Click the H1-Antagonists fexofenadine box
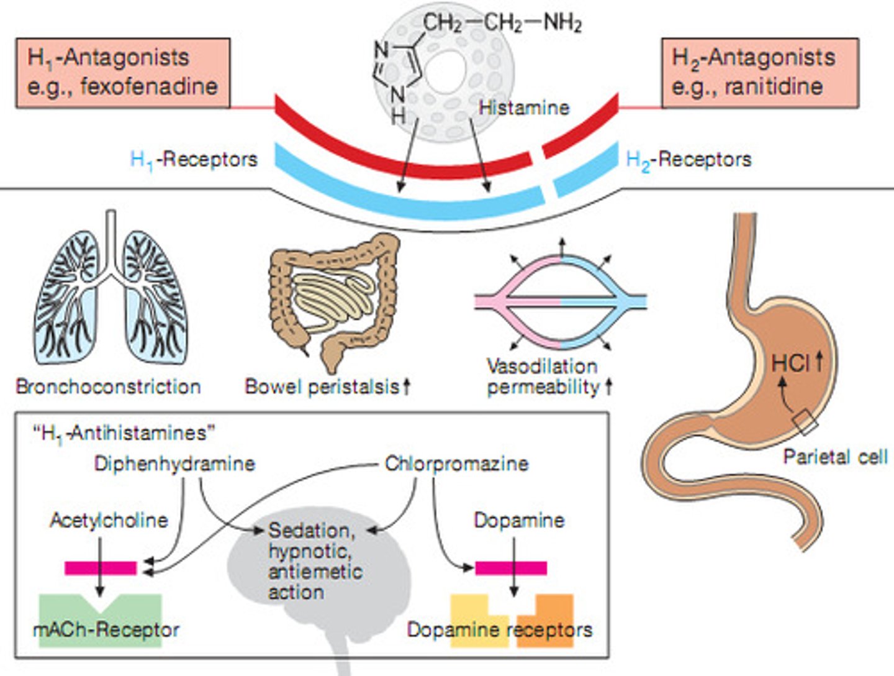[x=123, y=73]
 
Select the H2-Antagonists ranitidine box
[x=760, y=73]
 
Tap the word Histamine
[x=524, y=108]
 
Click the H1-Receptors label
[x=194, y=160]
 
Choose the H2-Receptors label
[x=689, y=160]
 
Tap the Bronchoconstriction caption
[x=109, y=386]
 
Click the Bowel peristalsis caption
[x=328, y=386]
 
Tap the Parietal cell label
[x=835, y=457]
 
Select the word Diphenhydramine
[x=174, y=464]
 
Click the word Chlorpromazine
[x=456, y=464]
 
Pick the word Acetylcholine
[x=109, y=520]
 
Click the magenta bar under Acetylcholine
[x=101, y=568]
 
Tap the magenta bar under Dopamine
[x=511, y=568]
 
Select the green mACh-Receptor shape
[x=101, y=620]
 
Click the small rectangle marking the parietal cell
[x=805, y=422]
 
